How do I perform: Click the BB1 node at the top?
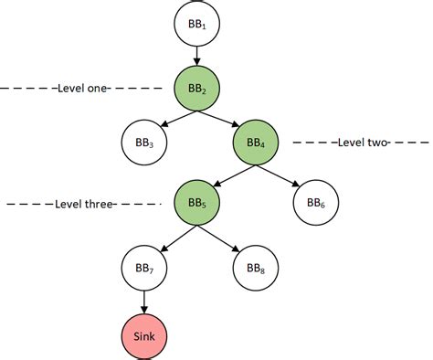[197, 25]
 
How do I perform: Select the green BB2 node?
[197, 89]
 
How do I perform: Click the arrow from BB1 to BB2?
[197, 57]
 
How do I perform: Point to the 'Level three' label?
[84, 204]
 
